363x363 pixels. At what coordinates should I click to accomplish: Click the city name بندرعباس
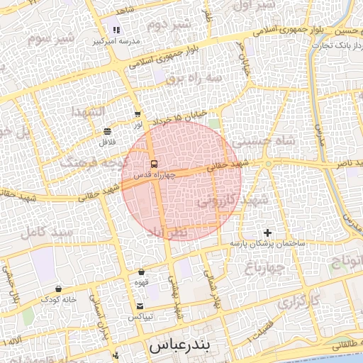[x=181, y=347]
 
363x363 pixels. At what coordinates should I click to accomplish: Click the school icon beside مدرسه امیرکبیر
[x=116, y=30]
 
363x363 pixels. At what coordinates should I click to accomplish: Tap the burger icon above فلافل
[x=107, y=132]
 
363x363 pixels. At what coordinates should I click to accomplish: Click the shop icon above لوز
[x=138, y=114]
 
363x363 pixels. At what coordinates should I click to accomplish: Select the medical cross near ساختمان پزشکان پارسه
[x=267, y=233]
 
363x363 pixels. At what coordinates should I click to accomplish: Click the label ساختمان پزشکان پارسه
[x=267, y=243]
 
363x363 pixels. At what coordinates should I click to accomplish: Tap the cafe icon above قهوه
[x=142, y=272]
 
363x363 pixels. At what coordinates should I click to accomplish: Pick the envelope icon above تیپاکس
[x=140, y=306]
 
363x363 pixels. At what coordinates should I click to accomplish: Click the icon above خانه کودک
[x=58, y=289]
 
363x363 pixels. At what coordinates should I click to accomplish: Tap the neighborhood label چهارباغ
[x=264, y=267]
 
